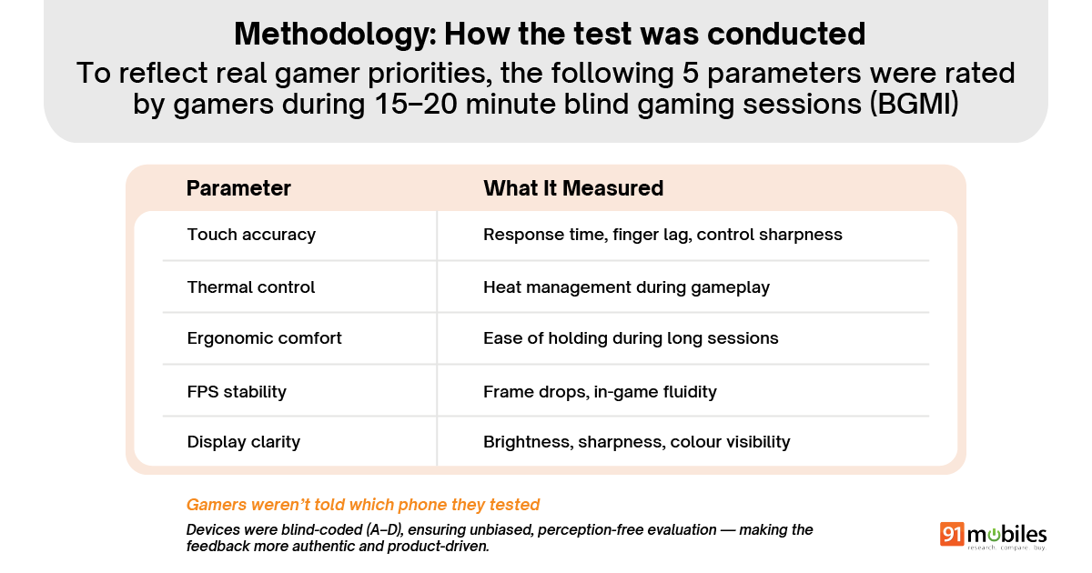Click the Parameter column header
click(238, 188)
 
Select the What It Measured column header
click(573, 188)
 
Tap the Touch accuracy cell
click(251, 235)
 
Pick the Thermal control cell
click(251, 287)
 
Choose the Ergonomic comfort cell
click(264, 338)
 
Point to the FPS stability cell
click(237, 392)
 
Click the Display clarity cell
click(243, 442)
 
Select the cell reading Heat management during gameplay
click(626, 287)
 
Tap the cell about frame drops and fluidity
click(600, 392)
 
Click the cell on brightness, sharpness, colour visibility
click(637, 442)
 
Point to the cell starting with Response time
click(662, 235)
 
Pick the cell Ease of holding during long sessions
click(631, 338)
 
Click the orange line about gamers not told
click(363, 504)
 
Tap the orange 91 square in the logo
click(952, 534)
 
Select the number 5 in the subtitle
click(691, 73)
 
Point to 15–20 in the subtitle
click(416, 104)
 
